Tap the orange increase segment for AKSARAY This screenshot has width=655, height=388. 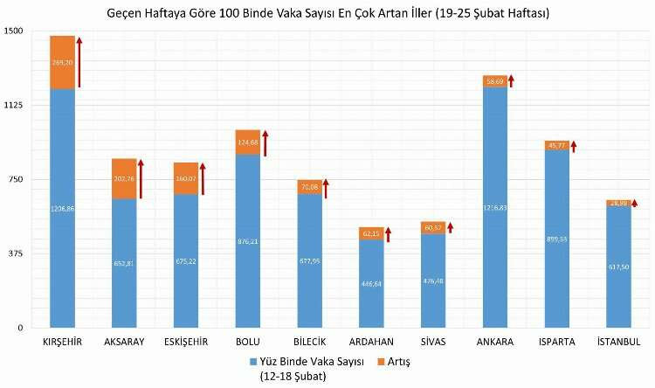[x=124, y=179]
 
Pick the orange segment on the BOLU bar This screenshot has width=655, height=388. [x=247, y=142]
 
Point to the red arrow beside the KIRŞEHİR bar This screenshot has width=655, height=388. [x=79, y=62]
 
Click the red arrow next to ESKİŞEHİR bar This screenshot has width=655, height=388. [x=203, y=178]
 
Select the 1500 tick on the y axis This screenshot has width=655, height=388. [x=14, y=31]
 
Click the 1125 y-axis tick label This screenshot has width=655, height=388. [x=14, y=105]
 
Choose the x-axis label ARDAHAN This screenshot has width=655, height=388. [x=370, y=342]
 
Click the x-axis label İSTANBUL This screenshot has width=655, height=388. [x=618, y=342]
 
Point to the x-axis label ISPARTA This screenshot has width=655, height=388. [x=556, y=342]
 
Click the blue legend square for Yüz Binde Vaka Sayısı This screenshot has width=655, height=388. [x=253, y=360]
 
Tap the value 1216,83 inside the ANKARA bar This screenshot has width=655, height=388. [x=495, y=208]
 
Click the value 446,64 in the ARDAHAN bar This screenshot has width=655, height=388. [x=371, y=284]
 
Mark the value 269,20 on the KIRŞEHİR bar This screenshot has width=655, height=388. [x=62, y=63]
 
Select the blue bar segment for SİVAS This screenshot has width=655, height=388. [x=433, y=281]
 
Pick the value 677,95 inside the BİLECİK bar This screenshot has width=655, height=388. [x=309, y=260]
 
